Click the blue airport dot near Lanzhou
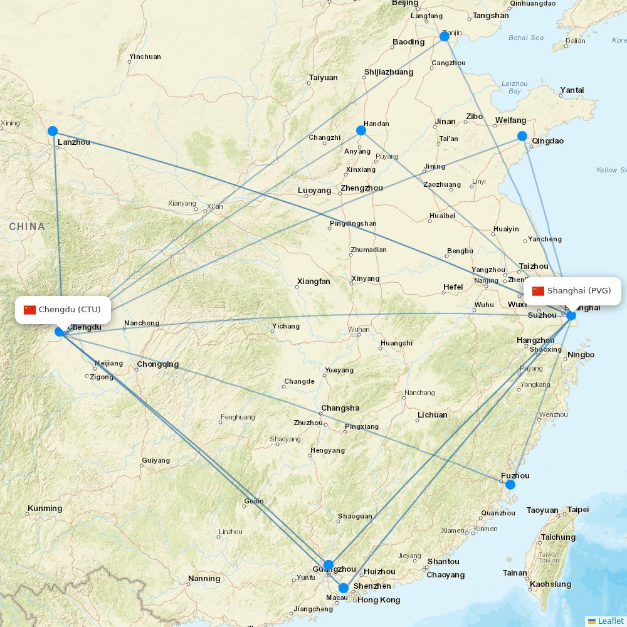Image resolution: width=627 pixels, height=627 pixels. pos(53,131)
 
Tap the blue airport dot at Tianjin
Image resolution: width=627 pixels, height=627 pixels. pos(445,36)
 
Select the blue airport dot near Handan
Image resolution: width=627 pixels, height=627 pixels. pos(361,130)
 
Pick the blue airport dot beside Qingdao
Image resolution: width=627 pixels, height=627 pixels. pos(522,136)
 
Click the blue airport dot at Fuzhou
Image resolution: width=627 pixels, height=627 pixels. pos(510,484)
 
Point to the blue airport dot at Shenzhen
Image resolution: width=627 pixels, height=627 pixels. pos(344,588)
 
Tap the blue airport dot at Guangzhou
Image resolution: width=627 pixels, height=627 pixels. pos(329,565)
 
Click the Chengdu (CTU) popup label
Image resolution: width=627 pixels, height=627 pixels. pos(63,310)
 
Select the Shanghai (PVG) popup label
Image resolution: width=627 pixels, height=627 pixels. pos(572,291)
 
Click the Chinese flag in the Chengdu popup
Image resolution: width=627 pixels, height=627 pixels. pos(30,310)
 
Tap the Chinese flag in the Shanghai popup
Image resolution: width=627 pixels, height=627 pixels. pos(538,291)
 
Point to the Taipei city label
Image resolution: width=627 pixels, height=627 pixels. pos(578,510)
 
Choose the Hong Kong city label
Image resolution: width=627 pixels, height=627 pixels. pos(379,600)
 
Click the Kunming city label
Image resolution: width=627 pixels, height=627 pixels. pos(45,508)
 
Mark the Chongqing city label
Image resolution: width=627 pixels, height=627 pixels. pos(157,364)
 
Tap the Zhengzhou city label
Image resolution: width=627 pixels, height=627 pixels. pos(361,188)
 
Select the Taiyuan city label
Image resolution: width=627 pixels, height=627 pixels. pos(323,78)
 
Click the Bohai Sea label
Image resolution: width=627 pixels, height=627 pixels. pos(526,38)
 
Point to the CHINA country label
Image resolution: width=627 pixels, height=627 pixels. pos(27,226)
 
